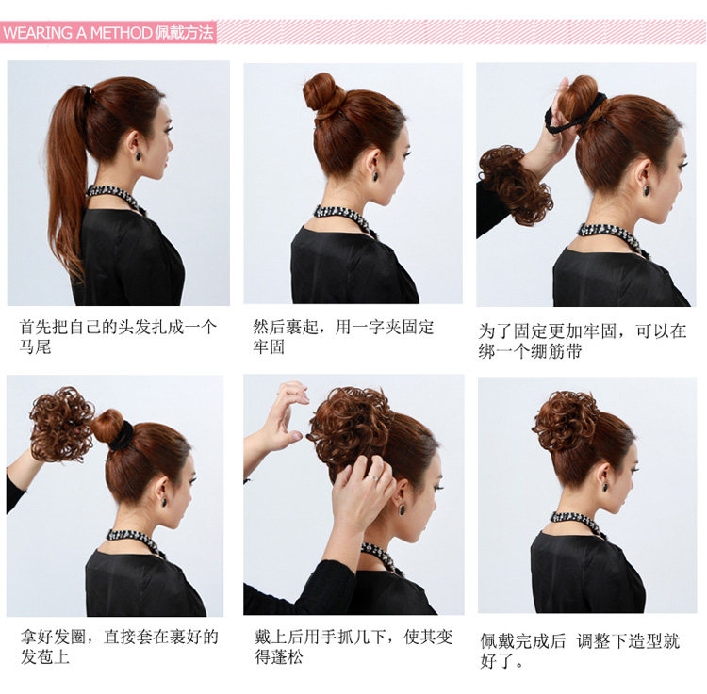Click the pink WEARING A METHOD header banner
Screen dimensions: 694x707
108,33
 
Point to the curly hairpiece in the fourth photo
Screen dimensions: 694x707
61,424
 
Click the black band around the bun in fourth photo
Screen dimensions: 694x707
122,435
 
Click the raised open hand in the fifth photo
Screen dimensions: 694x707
284,414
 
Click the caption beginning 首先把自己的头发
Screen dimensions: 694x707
118,336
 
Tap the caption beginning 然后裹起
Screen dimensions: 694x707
343,336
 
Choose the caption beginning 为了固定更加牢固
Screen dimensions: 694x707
582,341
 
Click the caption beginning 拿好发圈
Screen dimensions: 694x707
119,646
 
